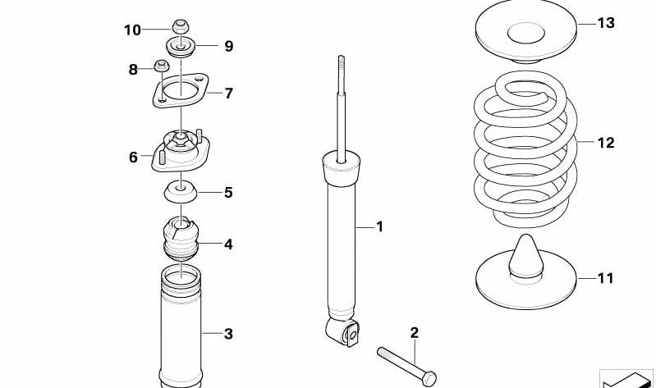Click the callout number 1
point(379,226)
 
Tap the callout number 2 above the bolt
point(414,332)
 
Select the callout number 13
point(605,23)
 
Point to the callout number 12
point(605,143)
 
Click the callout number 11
point(605,278)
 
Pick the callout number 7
point(228,94)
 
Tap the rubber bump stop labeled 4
point(178,240)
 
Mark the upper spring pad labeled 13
point(525,34)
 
